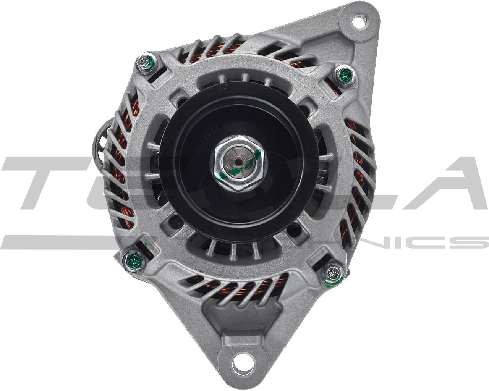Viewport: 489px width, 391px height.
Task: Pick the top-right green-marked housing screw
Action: tap(345, 75)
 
